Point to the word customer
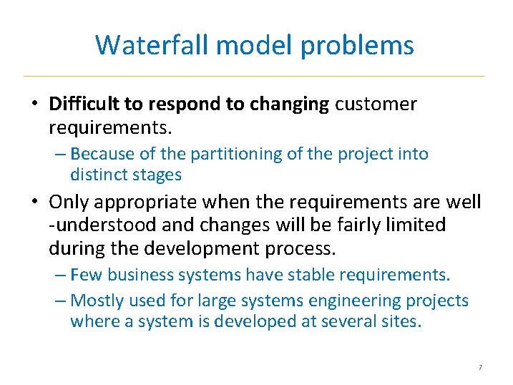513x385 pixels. coord(376,104)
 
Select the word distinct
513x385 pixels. coord(99,174)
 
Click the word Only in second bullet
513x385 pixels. coord(73,203)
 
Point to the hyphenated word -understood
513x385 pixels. coord(99,225)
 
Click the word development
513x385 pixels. coord(220,248)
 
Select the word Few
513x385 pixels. coord(86,275)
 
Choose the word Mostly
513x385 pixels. coord(99,300)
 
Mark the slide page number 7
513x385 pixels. coord(480,368)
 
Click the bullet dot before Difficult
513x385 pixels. coord(34,104)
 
